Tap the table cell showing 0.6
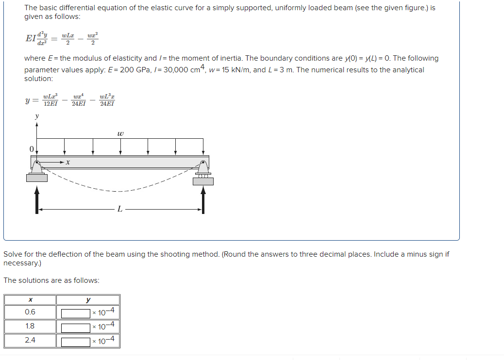30,312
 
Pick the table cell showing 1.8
30,326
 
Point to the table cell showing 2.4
30,340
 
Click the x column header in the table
30,300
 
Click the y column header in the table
88,300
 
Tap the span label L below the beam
120,209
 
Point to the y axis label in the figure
36,116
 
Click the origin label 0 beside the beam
31,149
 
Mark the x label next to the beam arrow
68,163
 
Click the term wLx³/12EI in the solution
50,100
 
